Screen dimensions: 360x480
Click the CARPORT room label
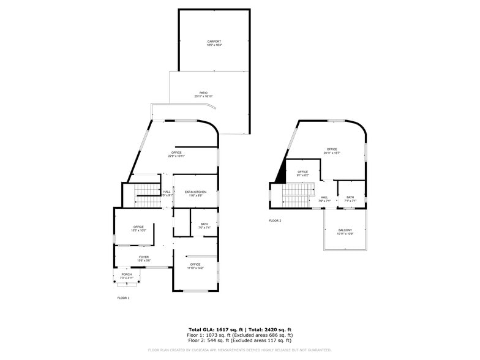[214, 41]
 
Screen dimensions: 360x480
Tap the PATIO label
[203, 93]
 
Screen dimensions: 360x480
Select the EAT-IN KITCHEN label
[195, 192]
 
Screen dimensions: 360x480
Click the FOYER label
[143, 257]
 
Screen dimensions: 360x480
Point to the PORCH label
[126, 274]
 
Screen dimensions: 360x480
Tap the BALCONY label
[345, 230]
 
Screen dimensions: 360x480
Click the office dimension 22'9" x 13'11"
[176, 156]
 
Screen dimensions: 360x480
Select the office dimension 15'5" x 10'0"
[138, 231]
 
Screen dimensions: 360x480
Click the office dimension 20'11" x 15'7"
[331, 152]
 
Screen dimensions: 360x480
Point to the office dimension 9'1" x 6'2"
[303, 176]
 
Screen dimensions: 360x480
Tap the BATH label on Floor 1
[204, 223]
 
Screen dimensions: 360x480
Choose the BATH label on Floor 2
[350, 197]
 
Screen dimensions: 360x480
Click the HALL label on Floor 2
[324, 197]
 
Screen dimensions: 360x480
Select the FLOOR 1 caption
[124, 298]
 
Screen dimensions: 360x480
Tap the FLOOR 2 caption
[275, 220]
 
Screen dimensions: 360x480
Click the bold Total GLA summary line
[239, 330]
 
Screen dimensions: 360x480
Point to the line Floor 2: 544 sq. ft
[239, 340]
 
